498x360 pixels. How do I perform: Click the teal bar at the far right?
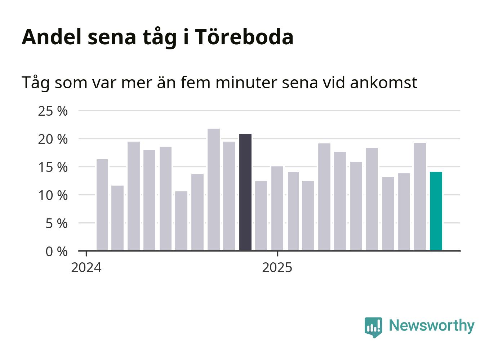[436, 211]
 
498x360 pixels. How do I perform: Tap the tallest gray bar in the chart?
[214, 190]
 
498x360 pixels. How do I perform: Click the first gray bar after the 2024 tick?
[102, 205]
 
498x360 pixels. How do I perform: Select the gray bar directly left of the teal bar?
[419, 197]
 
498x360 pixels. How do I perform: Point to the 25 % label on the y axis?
[53, 111]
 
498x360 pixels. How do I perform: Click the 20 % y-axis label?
[53, 139]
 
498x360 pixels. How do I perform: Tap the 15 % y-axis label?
[53, 167]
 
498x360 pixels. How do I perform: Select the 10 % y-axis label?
[53, 195]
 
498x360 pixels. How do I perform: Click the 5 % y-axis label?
[56, 223]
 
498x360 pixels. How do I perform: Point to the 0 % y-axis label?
[56, 252]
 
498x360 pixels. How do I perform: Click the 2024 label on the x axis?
[86, 268]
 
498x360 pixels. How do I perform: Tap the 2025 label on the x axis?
[277, 268]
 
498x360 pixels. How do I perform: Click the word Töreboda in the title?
[244, 37]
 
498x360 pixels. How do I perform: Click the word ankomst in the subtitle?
[383, 83]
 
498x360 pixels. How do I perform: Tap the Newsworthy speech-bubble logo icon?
[373, 327]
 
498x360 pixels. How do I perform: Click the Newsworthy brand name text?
[431, 325]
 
